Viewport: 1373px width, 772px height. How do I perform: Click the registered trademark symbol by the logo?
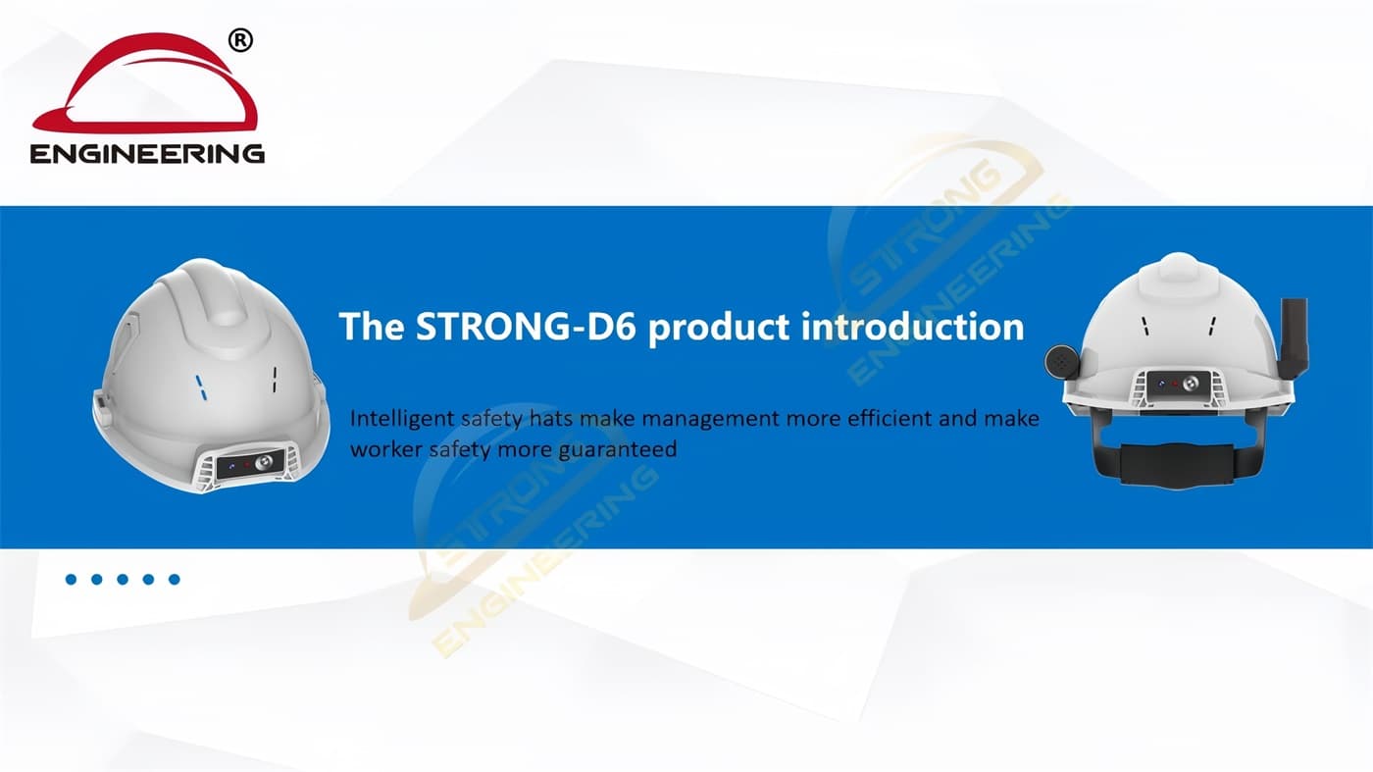[240, 41]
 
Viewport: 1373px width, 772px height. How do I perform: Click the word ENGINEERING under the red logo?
[147, 153]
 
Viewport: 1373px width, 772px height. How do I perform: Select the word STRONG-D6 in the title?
[527, 326]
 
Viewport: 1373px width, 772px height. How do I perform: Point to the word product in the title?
[719, 328]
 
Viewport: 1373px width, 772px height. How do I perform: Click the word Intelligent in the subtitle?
[402, 419]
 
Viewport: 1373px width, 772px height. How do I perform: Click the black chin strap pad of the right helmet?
[1177, 465]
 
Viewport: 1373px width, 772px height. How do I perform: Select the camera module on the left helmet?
[251, 465]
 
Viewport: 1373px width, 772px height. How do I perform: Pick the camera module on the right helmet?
[1179, 386]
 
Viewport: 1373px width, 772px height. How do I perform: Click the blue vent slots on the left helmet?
[201, 388]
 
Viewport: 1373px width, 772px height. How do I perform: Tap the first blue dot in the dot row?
[71, 580]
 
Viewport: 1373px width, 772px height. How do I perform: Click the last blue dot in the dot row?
[175, 580]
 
